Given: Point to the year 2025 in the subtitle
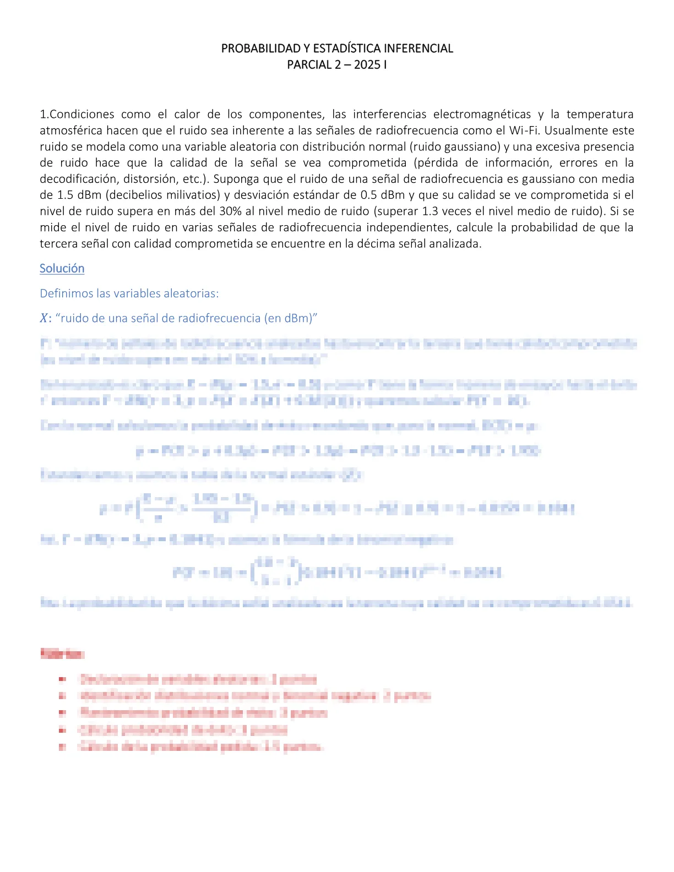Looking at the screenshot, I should click(367, 65).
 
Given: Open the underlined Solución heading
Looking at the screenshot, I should click(62, 269).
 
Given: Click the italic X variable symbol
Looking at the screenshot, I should click(44, 318).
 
